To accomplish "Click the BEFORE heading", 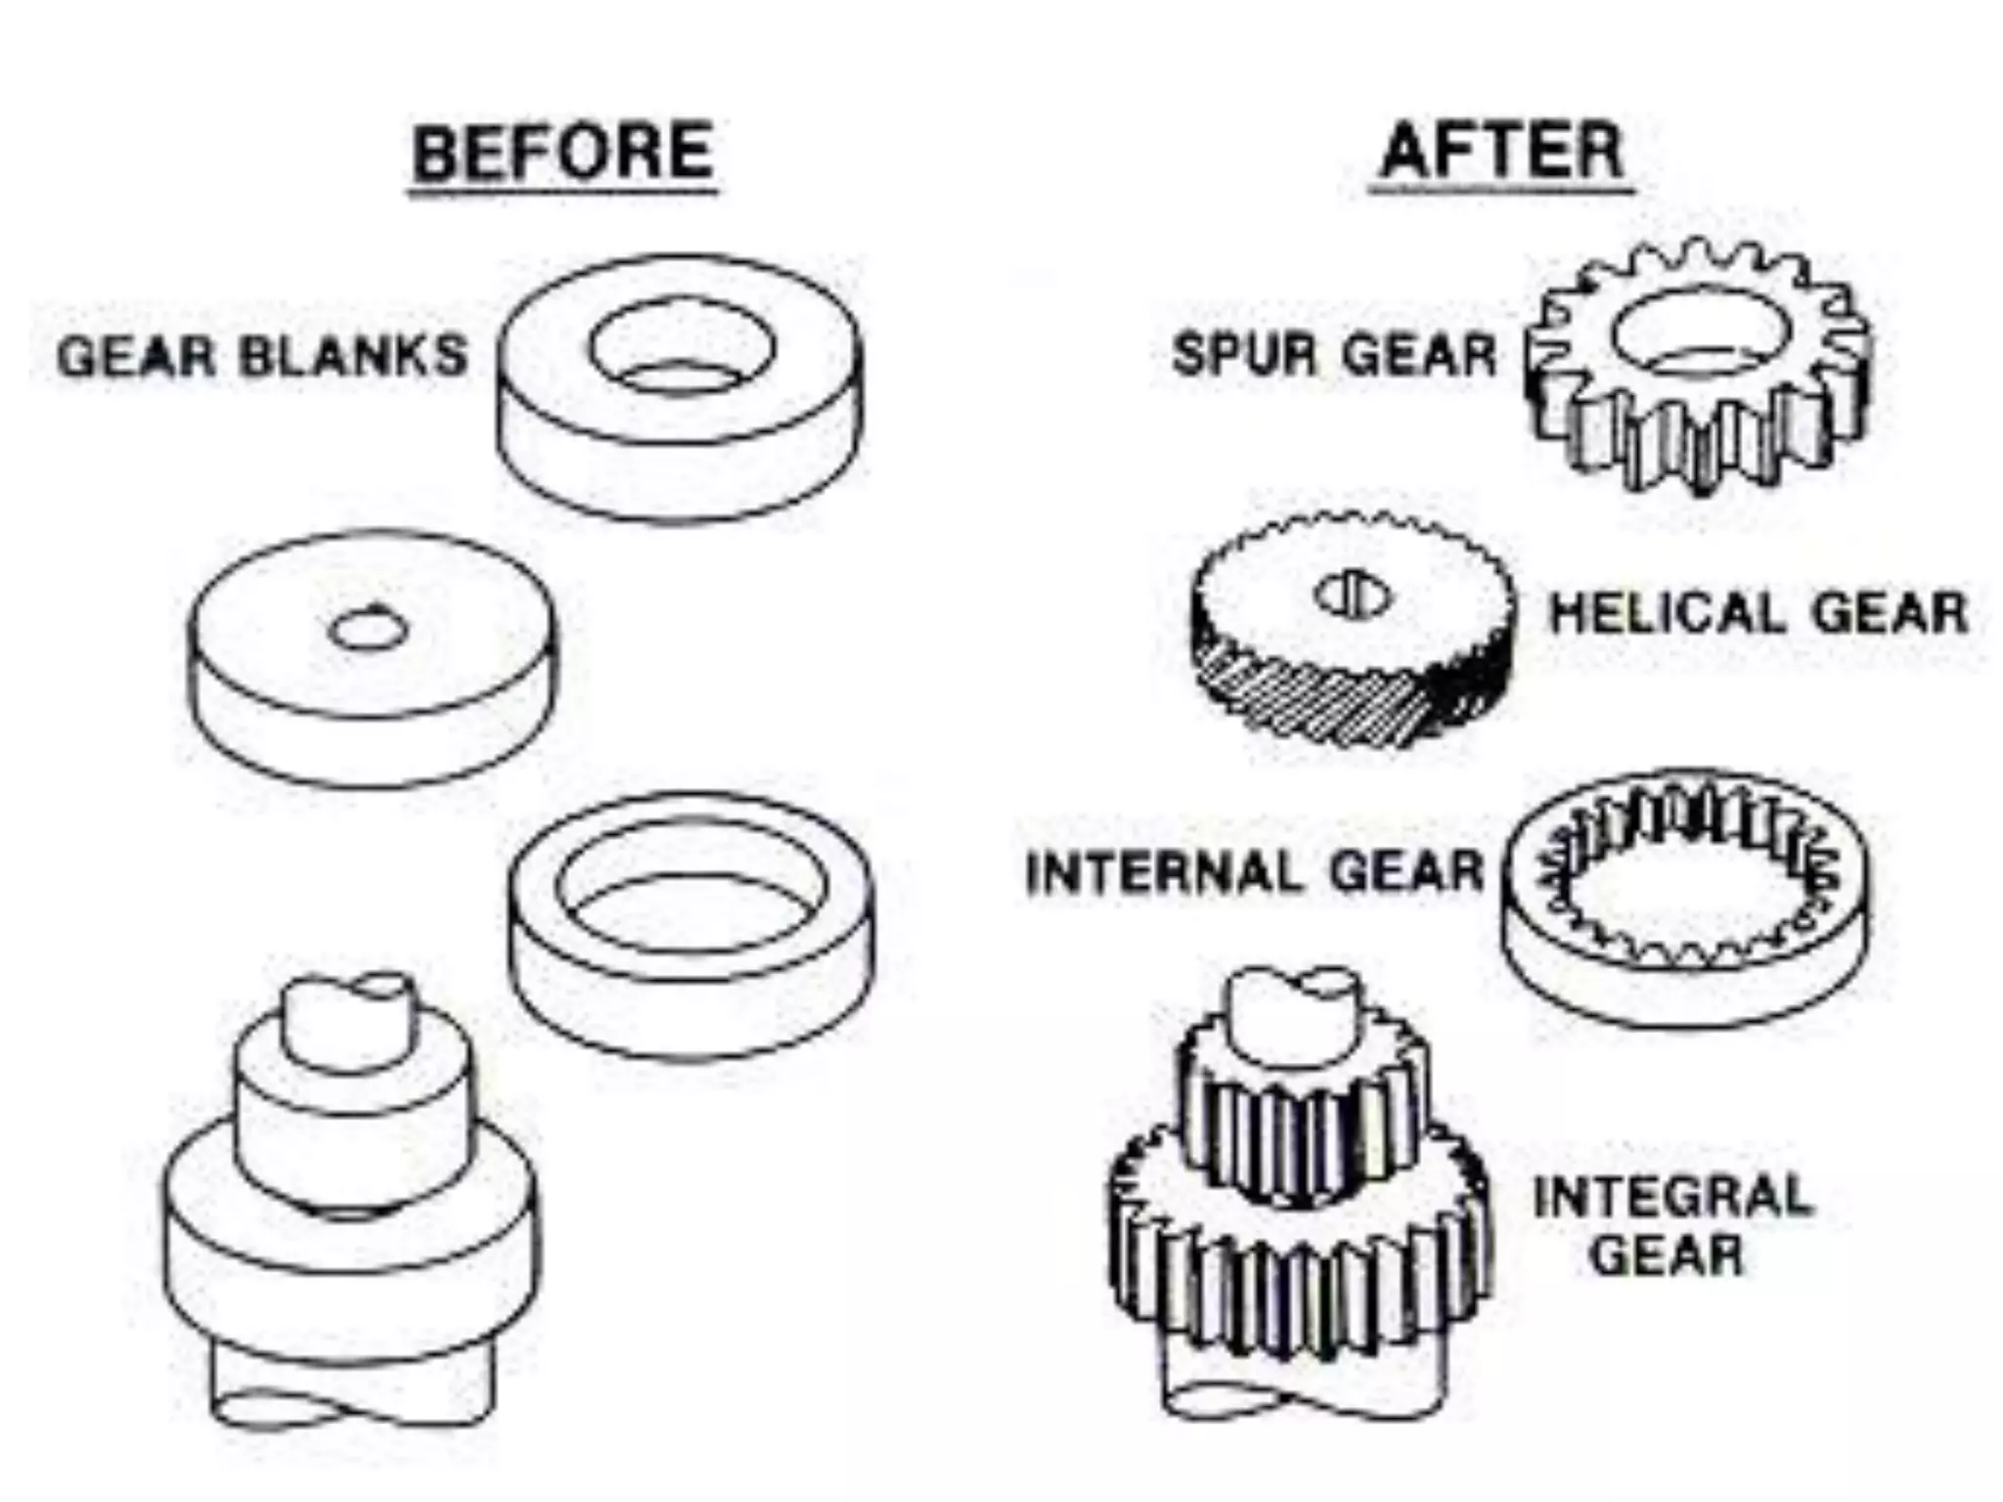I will tap(562, 153).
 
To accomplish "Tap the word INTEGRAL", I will tap(1672, 1197).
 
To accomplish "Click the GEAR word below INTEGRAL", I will tap(1667, 1256).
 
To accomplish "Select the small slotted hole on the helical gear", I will tap(1354, 595).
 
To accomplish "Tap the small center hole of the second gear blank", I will tap(366, 632).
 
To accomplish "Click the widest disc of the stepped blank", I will tap(349, 1261).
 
